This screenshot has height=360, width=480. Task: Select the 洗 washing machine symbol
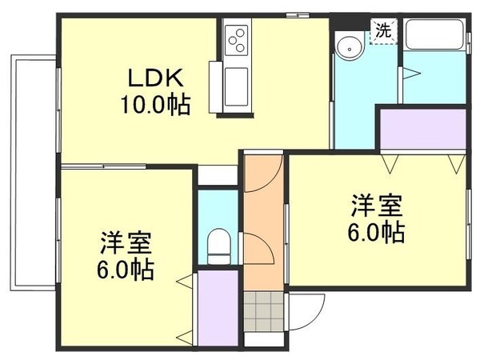383,32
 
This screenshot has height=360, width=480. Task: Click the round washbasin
349,47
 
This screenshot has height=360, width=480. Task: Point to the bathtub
435,36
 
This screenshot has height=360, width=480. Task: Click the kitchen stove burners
237,38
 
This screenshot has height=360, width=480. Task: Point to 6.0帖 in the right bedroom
374,232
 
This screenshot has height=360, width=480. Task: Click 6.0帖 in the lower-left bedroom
126,268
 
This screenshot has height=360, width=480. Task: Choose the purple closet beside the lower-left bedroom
216,309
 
